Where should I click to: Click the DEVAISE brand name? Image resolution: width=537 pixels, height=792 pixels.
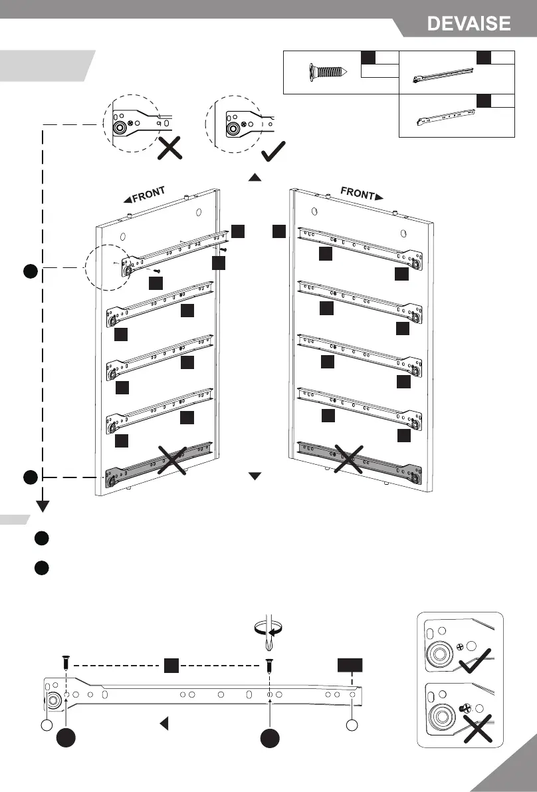coord(469,24)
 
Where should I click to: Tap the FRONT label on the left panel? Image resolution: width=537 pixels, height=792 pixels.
coord(144,195)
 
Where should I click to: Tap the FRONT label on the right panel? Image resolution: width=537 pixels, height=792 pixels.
coord(362,194)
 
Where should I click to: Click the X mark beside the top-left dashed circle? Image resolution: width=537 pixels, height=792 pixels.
coord(170,149)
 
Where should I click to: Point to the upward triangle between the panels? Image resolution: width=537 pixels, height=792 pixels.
coord(255,178)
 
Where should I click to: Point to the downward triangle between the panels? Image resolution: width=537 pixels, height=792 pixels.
coord(255,476)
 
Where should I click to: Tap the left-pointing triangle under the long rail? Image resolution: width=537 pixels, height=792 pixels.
coord(162,724)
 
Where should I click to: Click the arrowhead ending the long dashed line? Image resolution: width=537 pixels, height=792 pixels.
coord(43,507)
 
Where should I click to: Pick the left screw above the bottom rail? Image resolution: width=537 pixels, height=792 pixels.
coord(66,662)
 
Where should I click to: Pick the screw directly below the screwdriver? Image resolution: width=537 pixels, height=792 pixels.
coord(269,664)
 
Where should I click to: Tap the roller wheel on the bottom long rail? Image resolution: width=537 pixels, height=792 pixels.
coord(53,701)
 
